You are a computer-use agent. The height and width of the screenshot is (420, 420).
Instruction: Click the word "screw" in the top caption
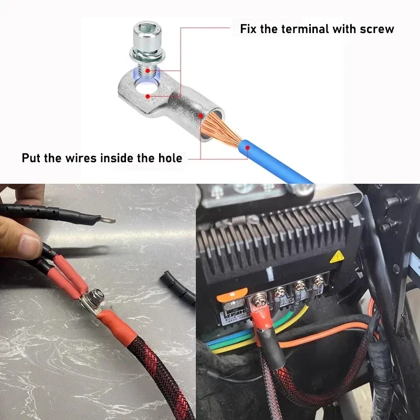tap(377, 29)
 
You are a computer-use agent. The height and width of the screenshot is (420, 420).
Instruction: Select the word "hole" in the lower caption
tap(170, 158)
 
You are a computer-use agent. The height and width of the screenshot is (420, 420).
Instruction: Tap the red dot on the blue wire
tap(248, 148)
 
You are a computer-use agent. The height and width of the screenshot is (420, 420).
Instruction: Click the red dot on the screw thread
tap(148, 71)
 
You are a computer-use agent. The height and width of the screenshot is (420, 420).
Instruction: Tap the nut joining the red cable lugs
tap(97, 294)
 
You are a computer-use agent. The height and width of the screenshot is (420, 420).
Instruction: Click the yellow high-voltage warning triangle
tap(337, 257)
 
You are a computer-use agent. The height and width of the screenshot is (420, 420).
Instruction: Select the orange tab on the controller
tap(232, 294)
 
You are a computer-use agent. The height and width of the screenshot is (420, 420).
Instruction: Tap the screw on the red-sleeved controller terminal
tap(258, 300)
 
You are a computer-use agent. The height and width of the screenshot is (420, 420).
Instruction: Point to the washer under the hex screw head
tap(148, 55)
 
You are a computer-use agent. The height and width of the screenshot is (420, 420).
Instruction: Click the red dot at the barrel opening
tap(201, 115)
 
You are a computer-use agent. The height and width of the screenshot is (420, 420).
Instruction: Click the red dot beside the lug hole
tap(148, 96)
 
